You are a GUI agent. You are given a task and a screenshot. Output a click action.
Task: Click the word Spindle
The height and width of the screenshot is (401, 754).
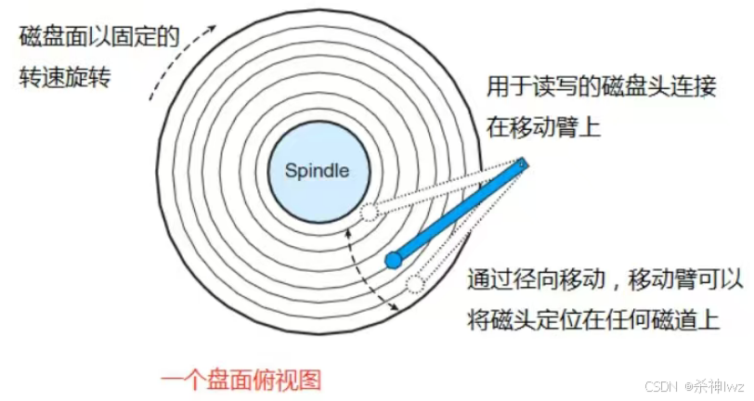[x=317, y=171]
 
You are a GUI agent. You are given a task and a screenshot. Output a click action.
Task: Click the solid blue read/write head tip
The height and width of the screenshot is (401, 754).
[x=393, y=259]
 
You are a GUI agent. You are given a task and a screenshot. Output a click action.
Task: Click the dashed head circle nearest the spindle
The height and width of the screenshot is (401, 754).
[x=370, y=213]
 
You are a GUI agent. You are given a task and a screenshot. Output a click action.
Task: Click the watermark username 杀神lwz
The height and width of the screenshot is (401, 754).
[x=715, y=385]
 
